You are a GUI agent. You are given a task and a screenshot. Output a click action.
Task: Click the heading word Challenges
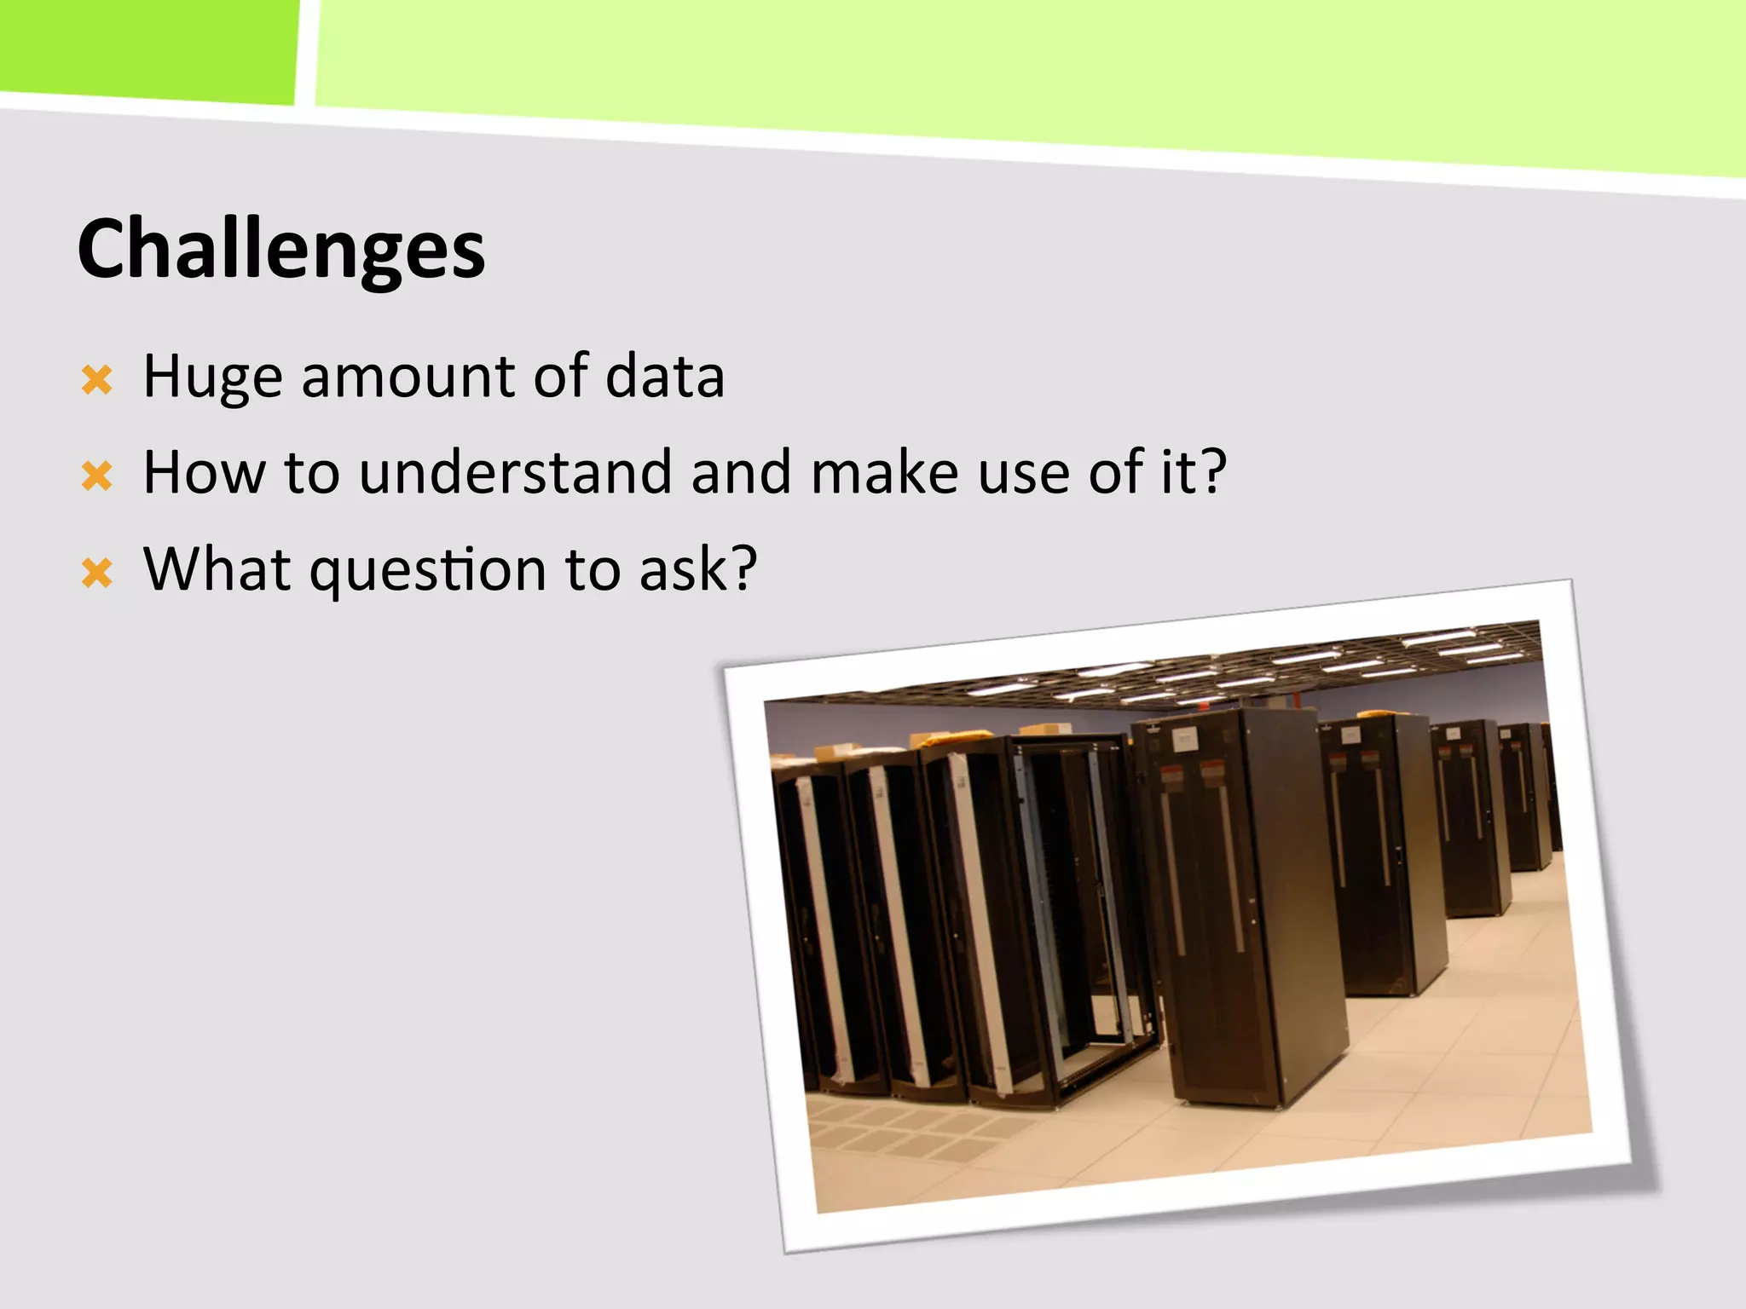pyautogui.click(x=281, y=250)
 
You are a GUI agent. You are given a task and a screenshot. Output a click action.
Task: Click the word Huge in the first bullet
pyautogui.click(x=212, y=376)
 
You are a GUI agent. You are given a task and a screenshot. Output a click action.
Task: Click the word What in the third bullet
pyautogui.click(x=217, y=568)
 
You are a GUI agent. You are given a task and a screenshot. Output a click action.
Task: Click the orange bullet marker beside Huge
pyautogui.click(x=97, y=380)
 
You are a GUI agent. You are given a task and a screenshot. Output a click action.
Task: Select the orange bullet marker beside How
pyautogui.click(x=97, y=476)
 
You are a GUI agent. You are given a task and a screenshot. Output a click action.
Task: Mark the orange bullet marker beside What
pyautogui.click(x=97, y=573)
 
